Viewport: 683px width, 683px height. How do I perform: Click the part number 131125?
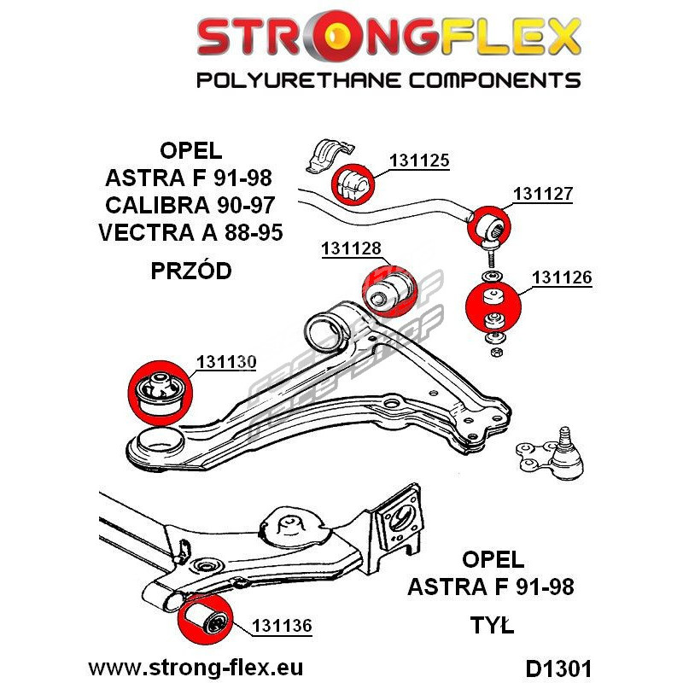[x=419, y=160]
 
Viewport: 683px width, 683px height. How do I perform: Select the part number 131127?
[x=542, y=194]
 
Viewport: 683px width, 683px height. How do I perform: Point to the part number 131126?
[x=561, y=277]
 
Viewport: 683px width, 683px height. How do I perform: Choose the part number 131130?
[x=226, y=362]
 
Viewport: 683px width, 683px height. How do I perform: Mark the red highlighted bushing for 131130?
[x=161, y=389]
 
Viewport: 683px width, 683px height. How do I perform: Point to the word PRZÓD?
[x=190, y=271]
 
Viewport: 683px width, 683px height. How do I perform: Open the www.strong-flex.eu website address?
[x=196, y=667]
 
